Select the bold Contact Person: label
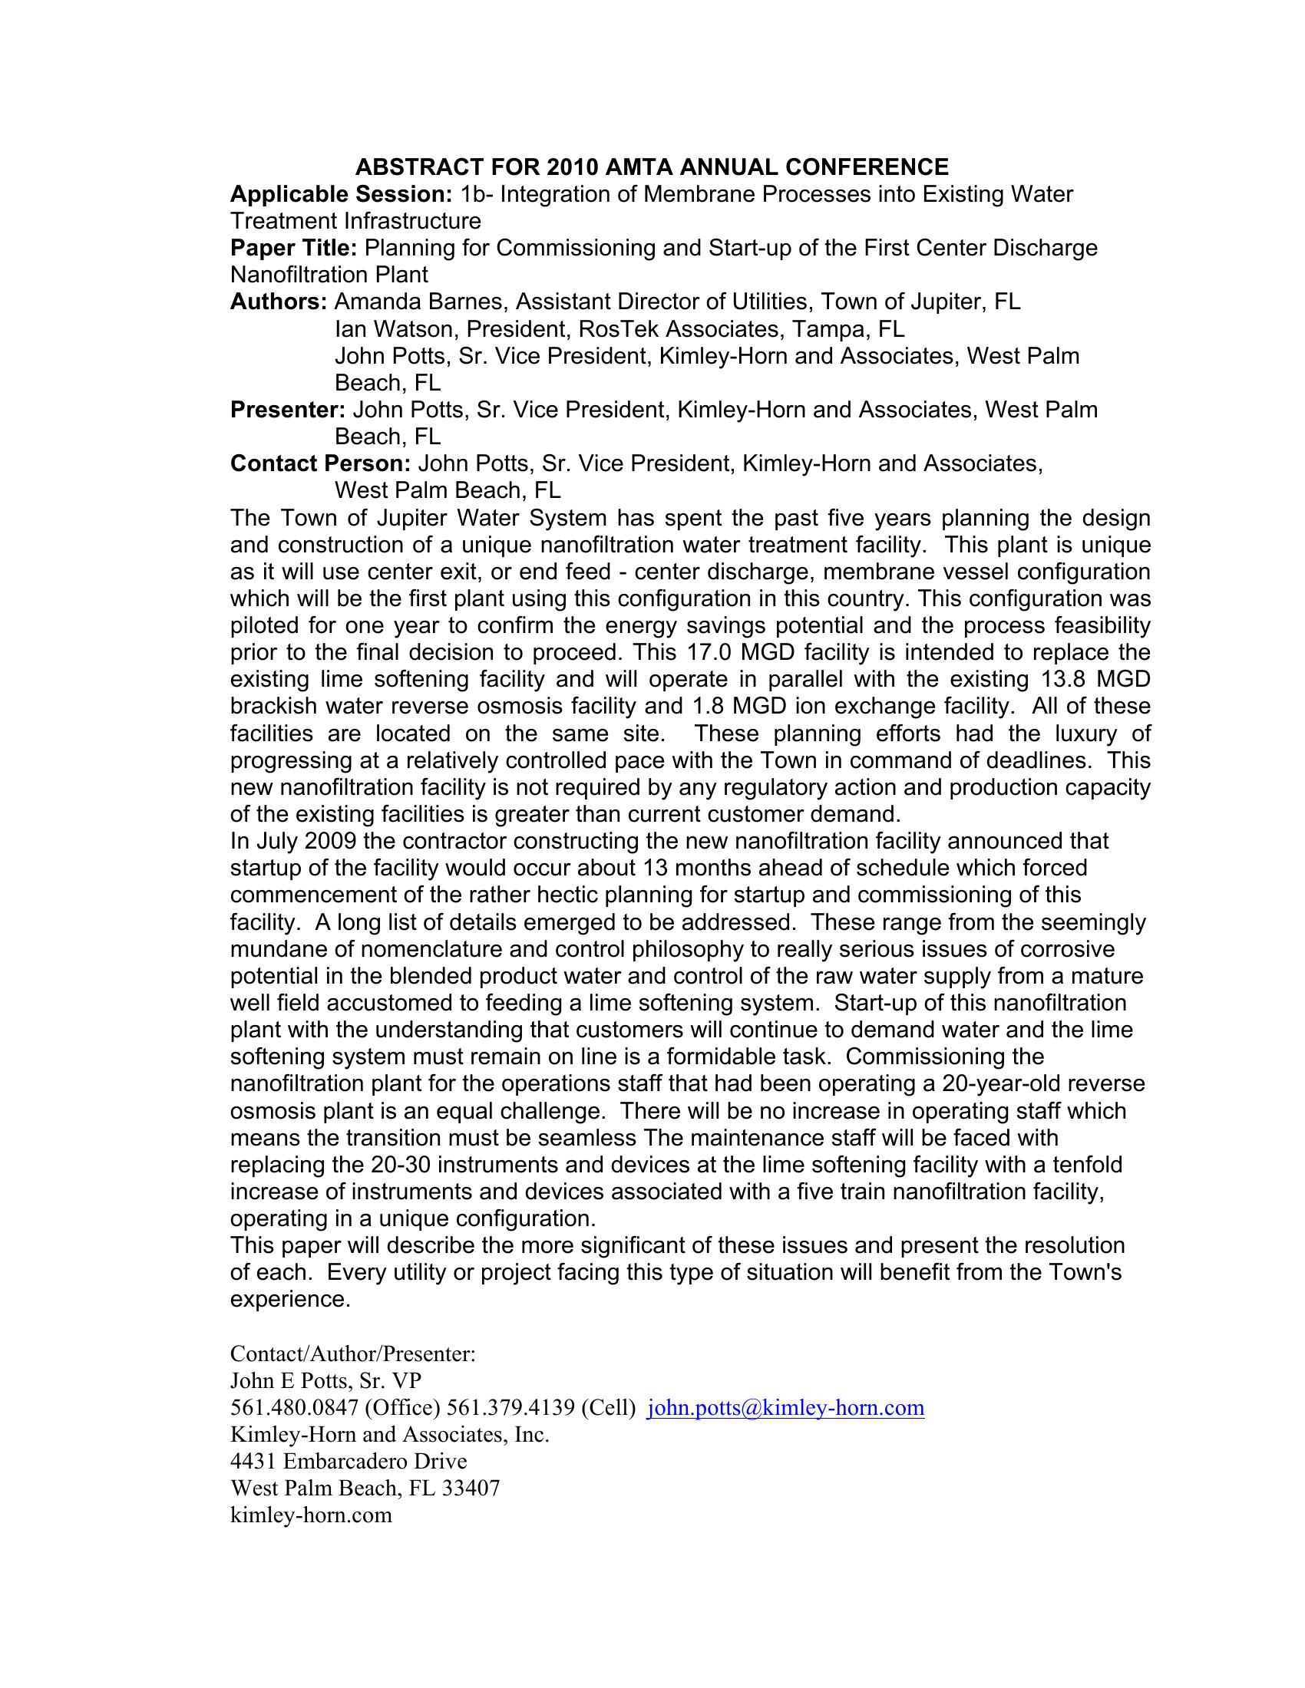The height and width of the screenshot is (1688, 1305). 320,463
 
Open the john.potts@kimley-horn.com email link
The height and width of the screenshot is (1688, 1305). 785,1408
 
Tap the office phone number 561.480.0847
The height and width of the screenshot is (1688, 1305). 291,1408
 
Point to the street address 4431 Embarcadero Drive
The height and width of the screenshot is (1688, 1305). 349,1462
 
